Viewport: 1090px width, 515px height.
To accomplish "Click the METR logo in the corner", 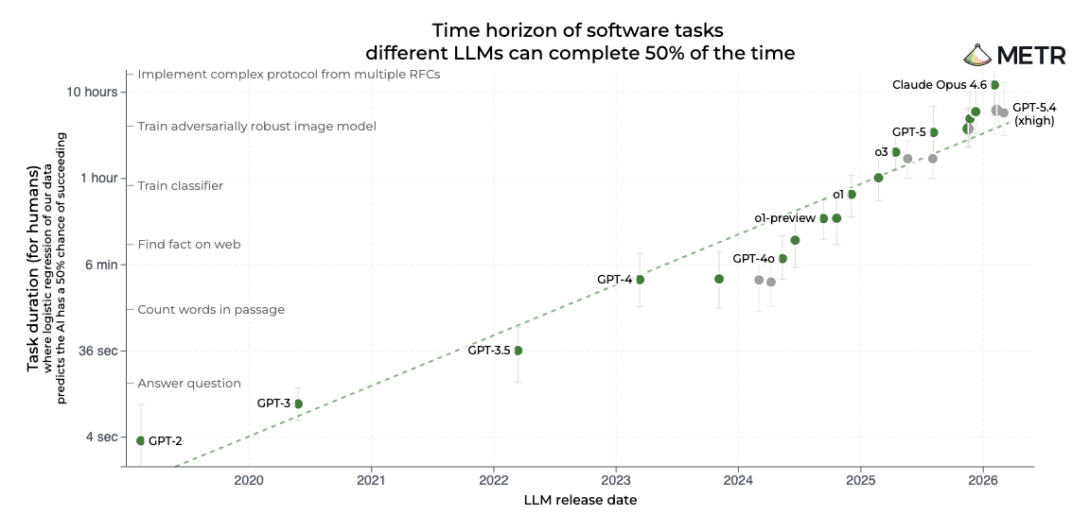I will click(1014, 55).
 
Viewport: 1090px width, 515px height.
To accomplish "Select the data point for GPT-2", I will click(141, 440).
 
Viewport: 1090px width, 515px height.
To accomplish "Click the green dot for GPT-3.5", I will click(518, 351).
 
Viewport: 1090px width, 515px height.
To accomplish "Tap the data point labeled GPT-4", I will click(640, 280).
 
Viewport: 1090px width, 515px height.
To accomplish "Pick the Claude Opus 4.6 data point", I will click(994, 85).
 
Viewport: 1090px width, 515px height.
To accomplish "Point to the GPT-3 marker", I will click(298, 403).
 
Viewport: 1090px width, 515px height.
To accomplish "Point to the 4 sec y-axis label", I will click(103, 437).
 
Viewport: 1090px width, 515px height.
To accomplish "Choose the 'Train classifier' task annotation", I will click(181, 186).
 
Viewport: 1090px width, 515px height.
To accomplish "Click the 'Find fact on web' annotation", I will click(189, 245).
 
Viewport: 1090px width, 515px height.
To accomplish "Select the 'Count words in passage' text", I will click(211, 310).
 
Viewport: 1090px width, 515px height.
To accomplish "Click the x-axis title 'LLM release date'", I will click(579, 500).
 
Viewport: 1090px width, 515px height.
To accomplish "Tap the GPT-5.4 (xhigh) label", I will click(1033, 114).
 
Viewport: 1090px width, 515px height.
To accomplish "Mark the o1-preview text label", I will click(784, 218).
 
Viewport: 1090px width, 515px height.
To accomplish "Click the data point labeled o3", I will click(896, 152).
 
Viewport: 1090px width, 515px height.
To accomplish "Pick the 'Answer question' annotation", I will click(189, 384).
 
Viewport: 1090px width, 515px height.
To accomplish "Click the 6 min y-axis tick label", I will click(101, 265).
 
